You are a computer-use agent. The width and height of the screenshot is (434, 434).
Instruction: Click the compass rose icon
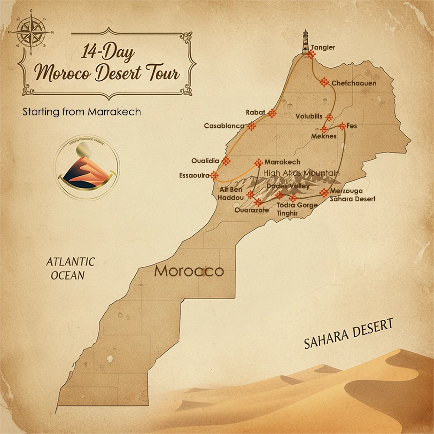(x=29, y=32)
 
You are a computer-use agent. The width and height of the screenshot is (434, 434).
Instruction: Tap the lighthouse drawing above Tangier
(x=306, y=42)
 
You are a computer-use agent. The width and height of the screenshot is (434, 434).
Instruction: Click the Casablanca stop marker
(x=251, y=126)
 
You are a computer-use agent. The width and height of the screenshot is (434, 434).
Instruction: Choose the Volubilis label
(x=309, y=116)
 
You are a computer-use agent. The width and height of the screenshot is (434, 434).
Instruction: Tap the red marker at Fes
(x=342, y=126)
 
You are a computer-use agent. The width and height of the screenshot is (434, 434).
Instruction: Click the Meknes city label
(x=324, y=136)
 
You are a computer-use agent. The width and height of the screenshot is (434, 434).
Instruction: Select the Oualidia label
(x=205, y=160)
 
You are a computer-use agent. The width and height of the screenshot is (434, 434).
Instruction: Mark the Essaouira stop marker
(x=214, y=175)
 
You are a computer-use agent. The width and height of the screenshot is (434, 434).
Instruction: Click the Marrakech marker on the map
(x=259, y=163)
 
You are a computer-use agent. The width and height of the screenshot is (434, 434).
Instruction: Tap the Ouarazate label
(x=252, y=210)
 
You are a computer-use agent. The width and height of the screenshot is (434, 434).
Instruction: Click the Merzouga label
(x=346, y=191)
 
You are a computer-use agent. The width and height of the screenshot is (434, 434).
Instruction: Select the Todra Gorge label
(x=297, y=205)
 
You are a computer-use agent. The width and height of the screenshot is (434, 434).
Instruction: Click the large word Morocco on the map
(x=189, y=271)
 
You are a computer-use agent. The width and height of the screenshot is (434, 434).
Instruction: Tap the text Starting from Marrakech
(x=82, y=112)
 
